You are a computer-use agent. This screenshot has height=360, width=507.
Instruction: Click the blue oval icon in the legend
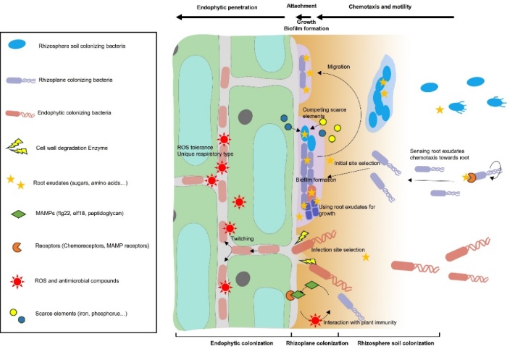tap(21, 46)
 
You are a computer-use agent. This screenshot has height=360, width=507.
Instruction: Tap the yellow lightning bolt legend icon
tap(22, 147)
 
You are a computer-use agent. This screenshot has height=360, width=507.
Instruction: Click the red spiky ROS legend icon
tap(22, 280)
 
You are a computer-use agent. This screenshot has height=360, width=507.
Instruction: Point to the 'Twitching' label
tap(242, 238)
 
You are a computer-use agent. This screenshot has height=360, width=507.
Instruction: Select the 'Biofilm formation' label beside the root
tap(314, 180)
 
